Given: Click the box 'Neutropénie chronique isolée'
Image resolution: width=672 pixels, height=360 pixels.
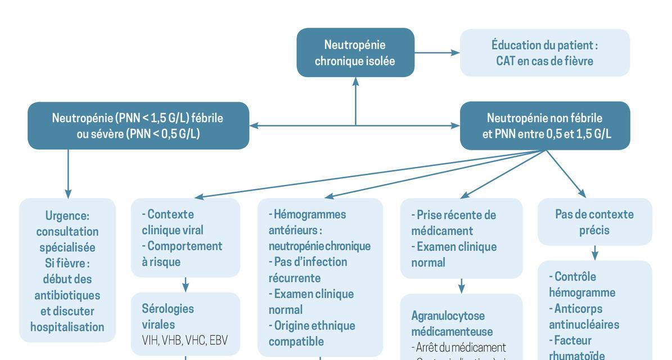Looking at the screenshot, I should click(x=355, y=52).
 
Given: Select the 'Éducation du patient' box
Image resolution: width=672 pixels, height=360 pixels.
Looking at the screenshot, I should click(x=544, y=52).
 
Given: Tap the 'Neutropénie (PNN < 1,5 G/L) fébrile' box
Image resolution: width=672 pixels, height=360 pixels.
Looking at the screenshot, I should click(x=138, y=125).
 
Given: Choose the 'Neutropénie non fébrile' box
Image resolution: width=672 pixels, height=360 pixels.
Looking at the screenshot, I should click(x=544, y=125).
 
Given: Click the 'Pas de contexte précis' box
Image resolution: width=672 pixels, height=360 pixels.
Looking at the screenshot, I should click(x=594, y=222).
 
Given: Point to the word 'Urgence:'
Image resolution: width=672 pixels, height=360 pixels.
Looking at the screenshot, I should click(x=67, y=215).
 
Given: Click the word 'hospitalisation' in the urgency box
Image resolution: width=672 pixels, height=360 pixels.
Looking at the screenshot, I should click(x=67, y=327).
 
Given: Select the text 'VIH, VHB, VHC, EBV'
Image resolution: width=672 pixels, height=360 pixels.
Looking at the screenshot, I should click(x=184, y=340).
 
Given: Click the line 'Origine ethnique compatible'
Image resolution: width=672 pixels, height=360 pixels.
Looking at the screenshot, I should click(x=312, y=333).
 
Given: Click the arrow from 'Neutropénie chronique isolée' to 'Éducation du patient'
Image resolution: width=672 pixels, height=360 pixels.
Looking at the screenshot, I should click(x=437, y=53).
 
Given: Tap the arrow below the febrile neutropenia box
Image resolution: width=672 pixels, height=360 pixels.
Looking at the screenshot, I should click(x=68, y=172).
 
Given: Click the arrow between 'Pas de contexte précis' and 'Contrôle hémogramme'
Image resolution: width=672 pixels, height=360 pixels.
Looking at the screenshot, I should click(x=594, y=253).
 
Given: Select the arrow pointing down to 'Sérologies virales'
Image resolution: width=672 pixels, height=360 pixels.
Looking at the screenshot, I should click(x=185, y=285).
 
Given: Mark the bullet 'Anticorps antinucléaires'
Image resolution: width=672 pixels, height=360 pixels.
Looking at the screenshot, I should click(x=584, y=316).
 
